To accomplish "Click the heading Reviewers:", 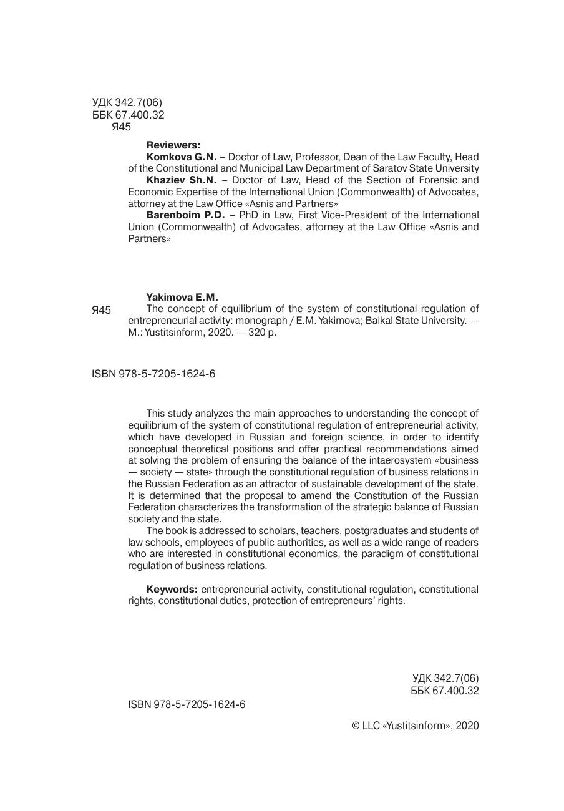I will [173, 145].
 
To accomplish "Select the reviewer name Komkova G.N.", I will [182, 157].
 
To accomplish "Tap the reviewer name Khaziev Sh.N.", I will [182, 180].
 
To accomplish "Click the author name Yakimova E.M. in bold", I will [182, 297].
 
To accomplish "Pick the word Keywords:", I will [172, 590].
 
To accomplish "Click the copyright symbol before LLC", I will [356, 726].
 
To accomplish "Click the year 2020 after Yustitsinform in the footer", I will [467, 726].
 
